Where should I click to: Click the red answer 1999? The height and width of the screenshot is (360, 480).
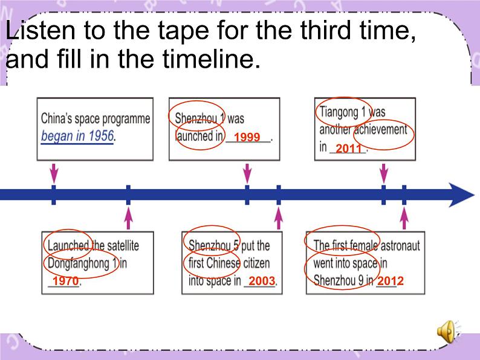coord(247,137)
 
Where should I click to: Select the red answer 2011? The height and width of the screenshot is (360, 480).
coord(349,149)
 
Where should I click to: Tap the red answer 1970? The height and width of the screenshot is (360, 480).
coord(65,281)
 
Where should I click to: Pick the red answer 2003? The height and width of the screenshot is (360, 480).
coord(261,281)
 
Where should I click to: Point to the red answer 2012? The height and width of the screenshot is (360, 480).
coord(391,281)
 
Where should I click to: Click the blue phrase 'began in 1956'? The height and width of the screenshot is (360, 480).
coord(77,136)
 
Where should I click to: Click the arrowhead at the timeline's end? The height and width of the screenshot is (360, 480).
coord(461,195)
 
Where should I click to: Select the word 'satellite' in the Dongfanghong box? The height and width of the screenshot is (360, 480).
coord(123,246)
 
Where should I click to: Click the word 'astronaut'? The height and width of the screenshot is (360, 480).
coord(400,246)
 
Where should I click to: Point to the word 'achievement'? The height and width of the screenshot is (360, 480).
coord(380,130)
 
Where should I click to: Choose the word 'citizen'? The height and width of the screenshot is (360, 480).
coord(256,263)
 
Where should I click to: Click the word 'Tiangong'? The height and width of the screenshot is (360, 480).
coord(339,112)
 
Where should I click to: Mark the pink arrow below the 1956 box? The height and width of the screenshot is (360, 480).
coord(54,173)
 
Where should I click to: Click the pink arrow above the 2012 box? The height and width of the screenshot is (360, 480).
coord(404,219)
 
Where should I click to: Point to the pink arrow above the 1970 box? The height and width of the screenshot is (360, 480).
coord(128,219)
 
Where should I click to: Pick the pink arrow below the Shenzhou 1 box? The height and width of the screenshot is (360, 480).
coord(247,173)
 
